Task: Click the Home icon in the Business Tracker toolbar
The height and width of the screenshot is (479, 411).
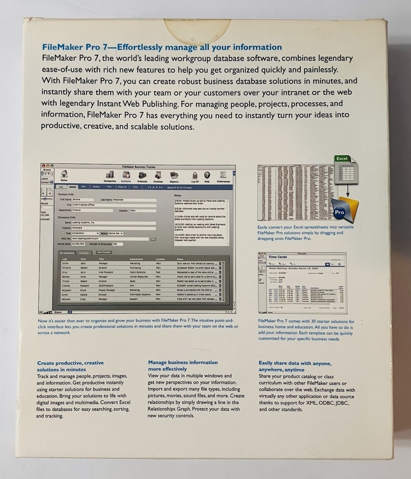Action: pyautogui.click(x=64, y=174)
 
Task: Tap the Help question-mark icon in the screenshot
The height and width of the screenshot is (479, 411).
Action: pyautogui.click(x=207, y=176)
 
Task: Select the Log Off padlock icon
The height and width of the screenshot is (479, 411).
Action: pyautogui.click(x=195, y=176)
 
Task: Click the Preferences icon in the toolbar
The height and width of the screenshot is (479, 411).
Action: pyautogui.click(x=223, y=176)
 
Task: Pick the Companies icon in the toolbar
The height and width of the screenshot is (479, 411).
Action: pyautogui.click(x=110, y=176)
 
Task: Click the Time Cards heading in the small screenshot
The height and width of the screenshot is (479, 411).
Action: pyautogui.click(x=278, y=257)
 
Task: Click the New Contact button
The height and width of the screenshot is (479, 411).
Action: pyautogui.click(x=104, y=252)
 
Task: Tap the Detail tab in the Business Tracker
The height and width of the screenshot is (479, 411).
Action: pyautogui.click(x=73, y=186)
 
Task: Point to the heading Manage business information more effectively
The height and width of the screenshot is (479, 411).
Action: pyautogui.click(x=183, y=366)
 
